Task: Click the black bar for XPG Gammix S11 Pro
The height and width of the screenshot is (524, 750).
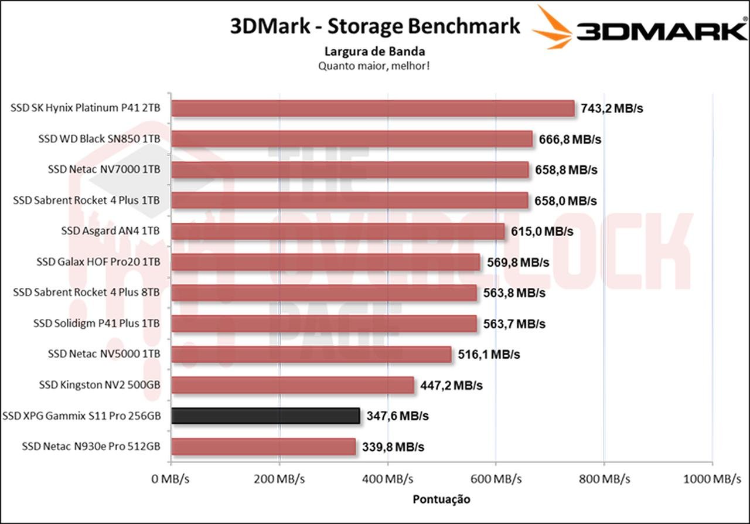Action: click(265, 416)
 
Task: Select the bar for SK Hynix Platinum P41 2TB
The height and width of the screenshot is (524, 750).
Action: click(373, 108)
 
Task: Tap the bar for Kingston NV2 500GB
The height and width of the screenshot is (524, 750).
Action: click(292, 385)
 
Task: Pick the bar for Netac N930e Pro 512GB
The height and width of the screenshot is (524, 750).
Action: click(263, 447)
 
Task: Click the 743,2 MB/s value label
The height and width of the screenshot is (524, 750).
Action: click(612, 108)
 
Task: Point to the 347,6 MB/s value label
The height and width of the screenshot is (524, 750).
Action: click(397, 416)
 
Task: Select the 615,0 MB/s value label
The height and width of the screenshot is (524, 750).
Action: click(542, 231)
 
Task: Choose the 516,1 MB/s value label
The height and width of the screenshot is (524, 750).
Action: click(489, 355)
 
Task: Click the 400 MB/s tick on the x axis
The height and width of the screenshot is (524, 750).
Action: click(387, 479)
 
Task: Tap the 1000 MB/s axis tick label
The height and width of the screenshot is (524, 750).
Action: click(711, 479)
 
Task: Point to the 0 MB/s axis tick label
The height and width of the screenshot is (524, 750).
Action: click(170, 479)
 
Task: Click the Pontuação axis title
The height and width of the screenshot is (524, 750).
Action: click(442, 499)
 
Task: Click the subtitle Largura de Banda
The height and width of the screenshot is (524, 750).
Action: click(374, 52)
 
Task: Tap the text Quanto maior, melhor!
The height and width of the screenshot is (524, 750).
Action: click(374, 66)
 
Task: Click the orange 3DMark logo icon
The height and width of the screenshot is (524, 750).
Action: click(553, 27)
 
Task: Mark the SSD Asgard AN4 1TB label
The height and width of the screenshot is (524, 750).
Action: click(110, 231)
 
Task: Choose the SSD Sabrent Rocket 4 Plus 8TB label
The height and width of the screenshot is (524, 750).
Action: click(86, 292)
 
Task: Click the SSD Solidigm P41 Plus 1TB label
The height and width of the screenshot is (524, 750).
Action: click(97, 323)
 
